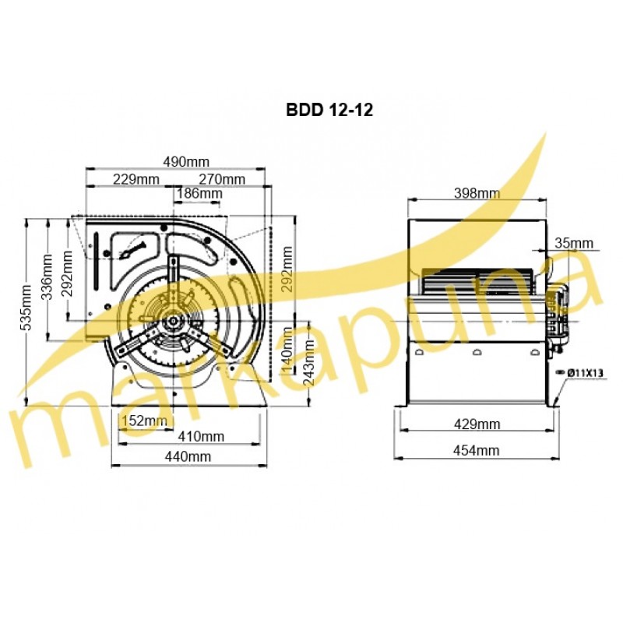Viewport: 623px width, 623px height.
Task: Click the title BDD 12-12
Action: pyautogui.click(x=329, y=110)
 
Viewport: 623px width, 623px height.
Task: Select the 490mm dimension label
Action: pyautogui.click(x=186, y=162)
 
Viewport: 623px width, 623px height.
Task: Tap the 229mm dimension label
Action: pyautogui.click(x=136, y=179)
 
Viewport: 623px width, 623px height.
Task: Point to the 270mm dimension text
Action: pyautogui.click(x=222, y=179)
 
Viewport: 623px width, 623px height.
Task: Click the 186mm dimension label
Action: pyautogui.click(x=199, y=193)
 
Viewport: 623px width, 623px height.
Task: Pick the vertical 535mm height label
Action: pyautogui.click(x=27, y=308)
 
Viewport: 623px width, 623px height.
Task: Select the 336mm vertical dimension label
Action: pyautogui.click(x=47, y=277)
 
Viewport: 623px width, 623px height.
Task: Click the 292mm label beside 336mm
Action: pyautogui.click(x=67, y=274)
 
